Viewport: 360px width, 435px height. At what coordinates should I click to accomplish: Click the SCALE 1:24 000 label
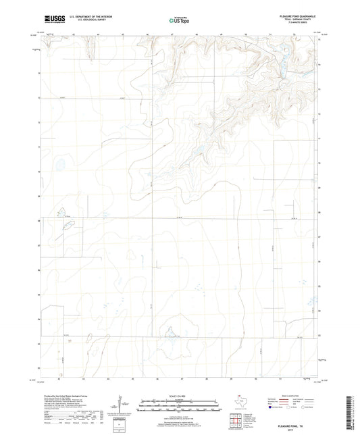(x=180, y=396)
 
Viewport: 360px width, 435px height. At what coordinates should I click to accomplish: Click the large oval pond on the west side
(x=59, y=163)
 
